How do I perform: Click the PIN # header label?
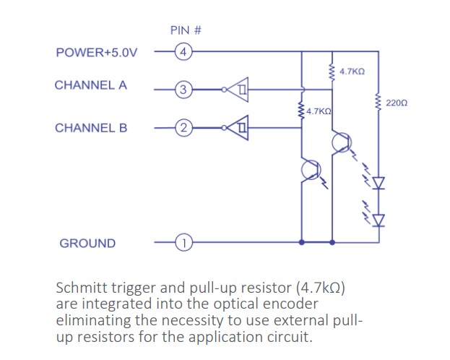185,30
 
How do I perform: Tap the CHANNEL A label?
90,85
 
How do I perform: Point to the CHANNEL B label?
91,128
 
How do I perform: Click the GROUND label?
87,244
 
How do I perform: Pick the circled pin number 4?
183,52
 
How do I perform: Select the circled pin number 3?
183,90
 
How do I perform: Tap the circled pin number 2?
183,129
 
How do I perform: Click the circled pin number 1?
183,244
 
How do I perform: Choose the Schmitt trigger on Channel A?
236,90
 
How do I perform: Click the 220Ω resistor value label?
397,104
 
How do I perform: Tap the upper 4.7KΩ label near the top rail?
352,72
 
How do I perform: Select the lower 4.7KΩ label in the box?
318,111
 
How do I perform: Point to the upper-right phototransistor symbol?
340,142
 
